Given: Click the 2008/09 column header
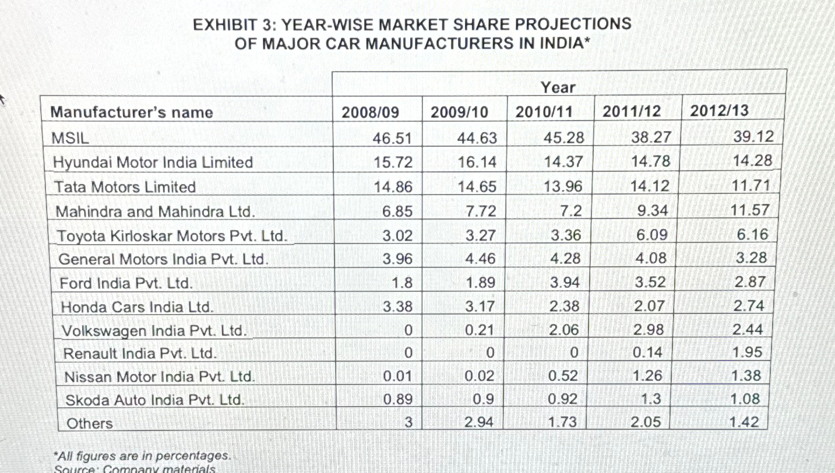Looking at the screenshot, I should pyautogui.click(x=371, y=112).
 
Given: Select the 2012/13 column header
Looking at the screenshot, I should pyautogui.click(x=719, y=111).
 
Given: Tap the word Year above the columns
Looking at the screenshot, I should pyautogui.click(x=558, y=88).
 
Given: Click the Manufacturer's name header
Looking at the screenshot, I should pyautogui.click(x=132, y=112).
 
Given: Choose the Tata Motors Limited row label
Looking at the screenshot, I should pyautogui.click(x=125, y=187).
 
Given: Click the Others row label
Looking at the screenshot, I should pyautogui.click(x=90, y=423).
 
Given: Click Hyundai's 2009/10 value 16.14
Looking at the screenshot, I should pyautogui.click(x=477, y=162).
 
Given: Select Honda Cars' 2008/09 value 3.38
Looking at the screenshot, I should pyautogui.click(x=397, y=306).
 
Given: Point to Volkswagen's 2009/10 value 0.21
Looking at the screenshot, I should pyautogui.click(x=481, y=330).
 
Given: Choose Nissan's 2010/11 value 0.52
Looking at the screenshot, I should pyautogui.click(x=563, y=376).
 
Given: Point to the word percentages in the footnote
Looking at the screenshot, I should pyautogui.click(x=196, y=455).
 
